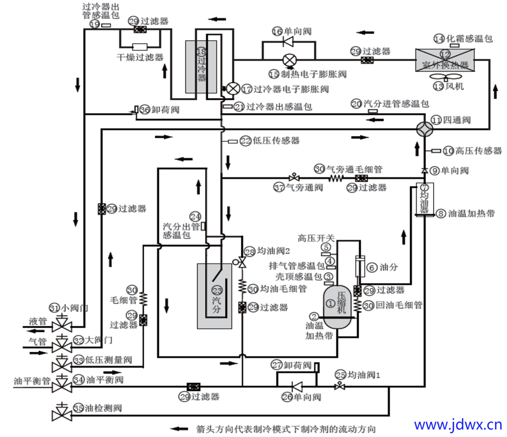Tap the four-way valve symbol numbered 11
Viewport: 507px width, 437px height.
(x=425, y=128)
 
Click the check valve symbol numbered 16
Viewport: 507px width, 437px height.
(x=288, y=42)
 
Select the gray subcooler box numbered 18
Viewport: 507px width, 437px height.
(x=201, y=66)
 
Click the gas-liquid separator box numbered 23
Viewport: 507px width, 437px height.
(x=215, y=296)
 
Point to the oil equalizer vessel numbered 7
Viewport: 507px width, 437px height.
(x=424, y=199)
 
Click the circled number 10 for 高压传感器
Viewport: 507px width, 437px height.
(x=448, y=151)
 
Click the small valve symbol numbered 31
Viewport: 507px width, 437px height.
(x=61, y=324)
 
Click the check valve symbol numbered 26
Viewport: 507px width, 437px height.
(x=297, y=386)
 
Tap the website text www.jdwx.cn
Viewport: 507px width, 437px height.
(x=458, y=425)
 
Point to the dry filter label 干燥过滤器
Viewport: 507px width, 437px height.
(x=140, y=57)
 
